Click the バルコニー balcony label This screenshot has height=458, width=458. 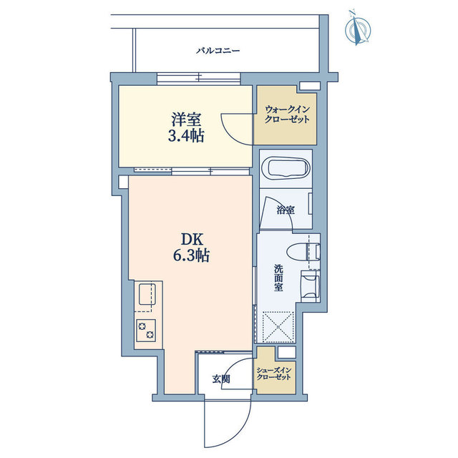pos(218,51)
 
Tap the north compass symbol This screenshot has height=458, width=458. pos(358,28)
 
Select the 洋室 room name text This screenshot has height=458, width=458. pos(186,120)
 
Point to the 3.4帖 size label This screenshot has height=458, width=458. pos(186,136)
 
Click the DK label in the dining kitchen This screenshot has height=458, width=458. pos(192,240)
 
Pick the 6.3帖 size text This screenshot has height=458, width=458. pos(191,255)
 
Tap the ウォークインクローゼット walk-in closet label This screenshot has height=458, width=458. pos(287,114)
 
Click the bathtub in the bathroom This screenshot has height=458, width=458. pos(286,168)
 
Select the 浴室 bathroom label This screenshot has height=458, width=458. pos(286,210)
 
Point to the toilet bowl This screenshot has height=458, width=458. pos(303,251)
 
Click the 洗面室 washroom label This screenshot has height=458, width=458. pos(278,278)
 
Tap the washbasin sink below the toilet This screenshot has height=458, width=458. pos(310,286)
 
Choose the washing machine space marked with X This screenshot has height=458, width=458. pos(278,326)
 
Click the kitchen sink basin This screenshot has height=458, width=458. pos(147,294)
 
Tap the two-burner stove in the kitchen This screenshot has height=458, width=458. pos(146,331)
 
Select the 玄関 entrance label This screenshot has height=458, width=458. pos(221,379)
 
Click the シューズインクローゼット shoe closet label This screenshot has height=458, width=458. pos(273,374)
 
